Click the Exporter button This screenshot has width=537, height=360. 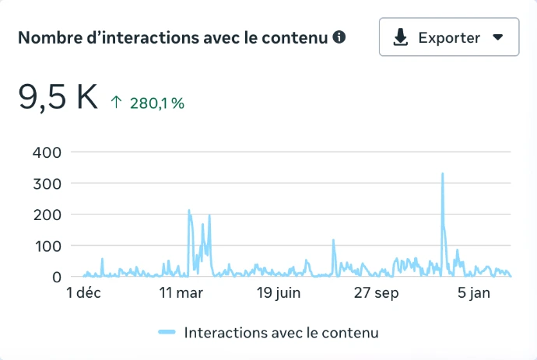(449, 37)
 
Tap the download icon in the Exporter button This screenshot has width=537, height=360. (401, 37)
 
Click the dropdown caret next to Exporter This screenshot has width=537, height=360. (498, 37)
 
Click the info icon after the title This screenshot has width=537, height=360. (339, 37)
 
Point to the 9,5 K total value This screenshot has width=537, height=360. (58, 97)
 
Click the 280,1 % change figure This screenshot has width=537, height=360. (156, 103)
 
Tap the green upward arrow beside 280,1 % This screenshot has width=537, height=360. (117, 103)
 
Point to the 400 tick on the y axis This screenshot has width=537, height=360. (46, 152)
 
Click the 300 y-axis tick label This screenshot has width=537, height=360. (46, 183)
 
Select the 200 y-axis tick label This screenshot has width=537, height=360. (46, 214)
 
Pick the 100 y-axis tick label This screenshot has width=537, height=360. (46, 246)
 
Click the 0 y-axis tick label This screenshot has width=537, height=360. (56, 277)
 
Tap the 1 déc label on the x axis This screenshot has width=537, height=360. (83, 293)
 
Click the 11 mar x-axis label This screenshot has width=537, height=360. (181, 293)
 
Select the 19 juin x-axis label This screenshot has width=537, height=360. (278, 293)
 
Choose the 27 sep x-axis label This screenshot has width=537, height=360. (376, 293)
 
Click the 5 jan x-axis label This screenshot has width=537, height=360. (474, 293)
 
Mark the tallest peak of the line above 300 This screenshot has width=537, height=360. (442, 174)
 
